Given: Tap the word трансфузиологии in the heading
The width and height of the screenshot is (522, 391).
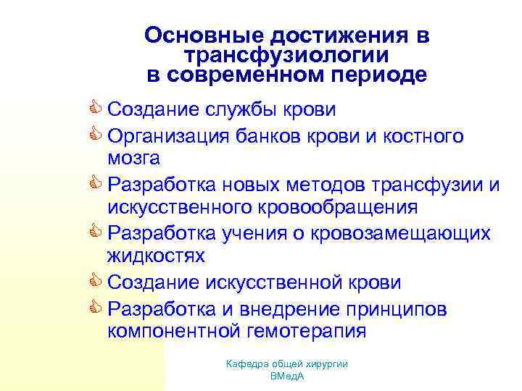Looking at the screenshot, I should (x=286, y=55).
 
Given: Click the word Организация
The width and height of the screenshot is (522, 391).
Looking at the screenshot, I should (x=171, y=137).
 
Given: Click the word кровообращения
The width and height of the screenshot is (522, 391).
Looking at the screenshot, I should (x=336, y=207).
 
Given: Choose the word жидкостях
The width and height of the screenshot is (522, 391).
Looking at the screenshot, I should (x=156, y=256).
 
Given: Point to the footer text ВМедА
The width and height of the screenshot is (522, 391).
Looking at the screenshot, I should (x=286, y=377).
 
